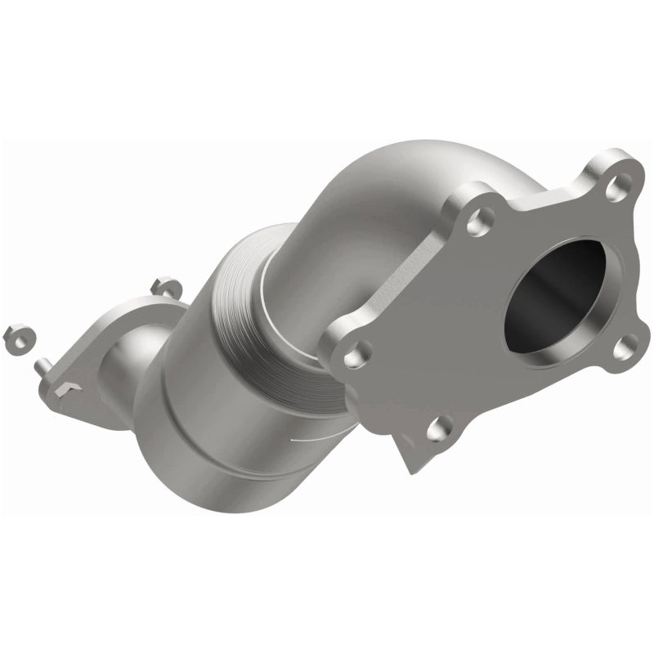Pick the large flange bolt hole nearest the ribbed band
pyautogui.click(x=354, y=356)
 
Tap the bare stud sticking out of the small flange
pyautogui.click(x=41, y=368)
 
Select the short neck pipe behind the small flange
pyautogui.click(x=131, y=360)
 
